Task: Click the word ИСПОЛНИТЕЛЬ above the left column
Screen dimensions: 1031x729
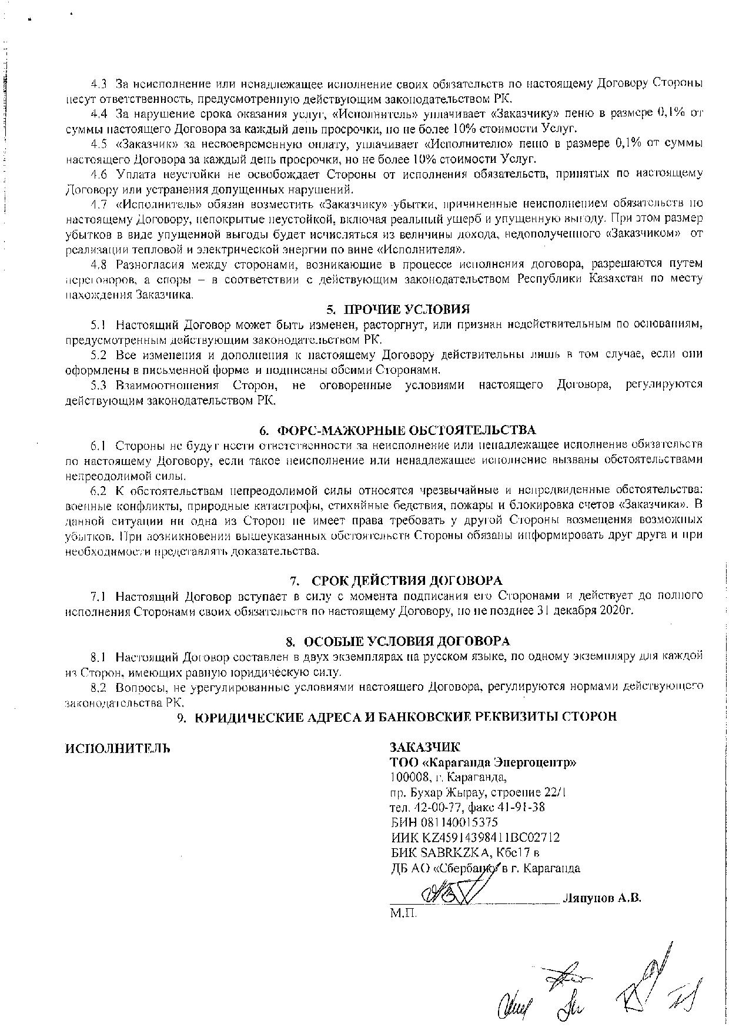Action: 117,748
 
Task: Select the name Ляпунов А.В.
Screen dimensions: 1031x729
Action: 601,898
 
